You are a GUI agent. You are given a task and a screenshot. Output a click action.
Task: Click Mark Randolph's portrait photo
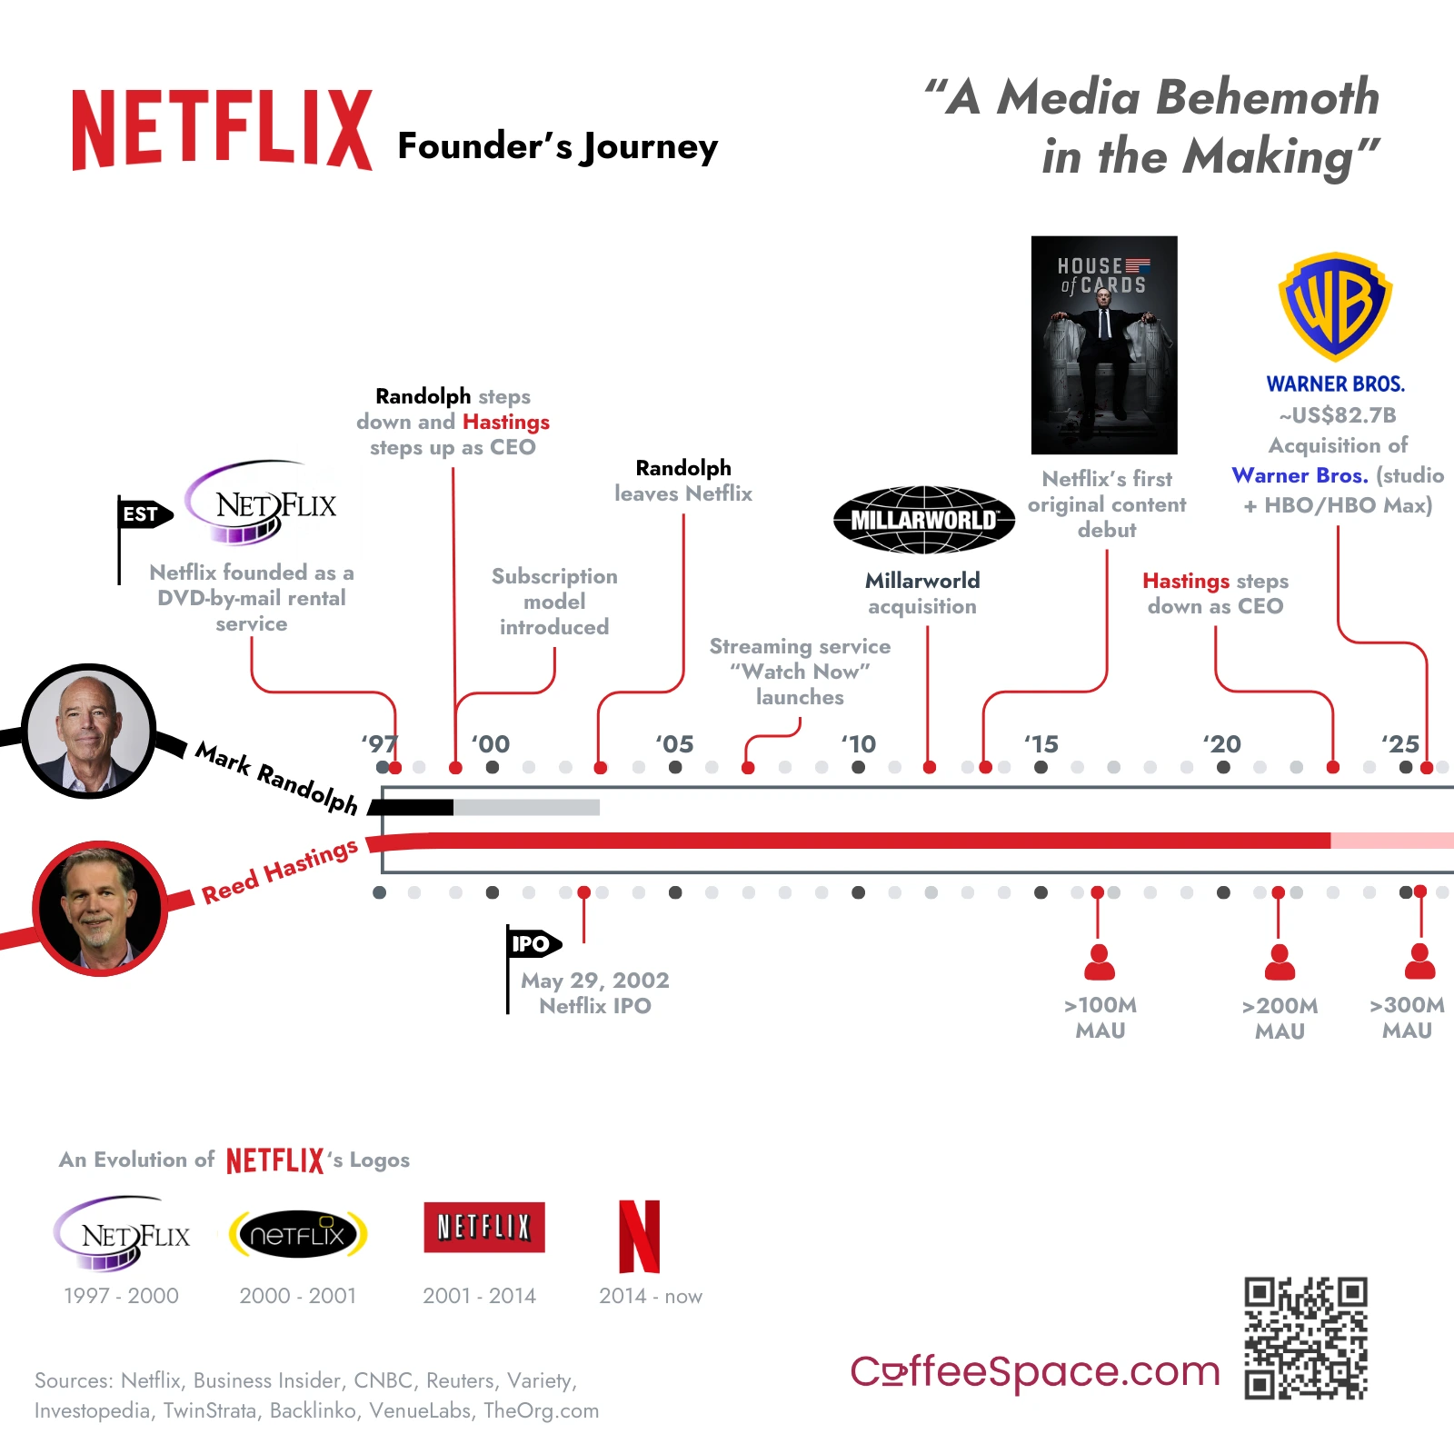pos(89,732)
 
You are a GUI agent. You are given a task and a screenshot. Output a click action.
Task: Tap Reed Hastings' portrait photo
pos(100,908)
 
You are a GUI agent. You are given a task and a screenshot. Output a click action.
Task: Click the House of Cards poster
pos(1104,345)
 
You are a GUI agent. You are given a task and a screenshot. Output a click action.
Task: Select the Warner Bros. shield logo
pos(1335,306)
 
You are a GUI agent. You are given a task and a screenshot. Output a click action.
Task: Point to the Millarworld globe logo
pos(923,520)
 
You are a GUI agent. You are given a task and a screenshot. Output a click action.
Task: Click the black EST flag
pos(144,514)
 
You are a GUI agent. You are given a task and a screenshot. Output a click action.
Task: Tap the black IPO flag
pos(533,944)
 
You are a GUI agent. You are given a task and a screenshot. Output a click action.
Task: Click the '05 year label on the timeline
pos(674,744)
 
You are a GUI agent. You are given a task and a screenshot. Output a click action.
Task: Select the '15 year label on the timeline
pos(1041,744)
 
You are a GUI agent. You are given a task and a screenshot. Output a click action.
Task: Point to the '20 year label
pos(1222,744)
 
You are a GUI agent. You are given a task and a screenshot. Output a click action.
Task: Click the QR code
pos(1306,1338)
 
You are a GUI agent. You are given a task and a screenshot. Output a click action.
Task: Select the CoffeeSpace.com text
pos(1034,1371)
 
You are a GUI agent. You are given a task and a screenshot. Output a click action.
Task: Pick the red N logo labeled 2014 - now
pos(639,1237)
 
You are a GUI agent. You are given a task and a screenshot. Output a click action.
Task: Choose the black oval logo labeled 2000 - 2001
pos(298,1234)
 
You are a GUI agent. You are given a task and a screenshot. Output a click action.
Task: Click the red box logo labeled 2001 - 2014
pos(484,1228)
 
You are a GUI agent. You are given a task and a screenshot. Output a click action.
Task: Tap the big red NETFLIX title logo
pos(223,130)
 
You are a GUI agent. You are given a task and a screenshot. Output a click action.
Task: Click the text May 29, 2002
pos(595,981)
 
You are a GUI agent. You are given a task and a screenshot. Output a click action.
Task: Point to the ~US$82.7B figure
pos(1338,415)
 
